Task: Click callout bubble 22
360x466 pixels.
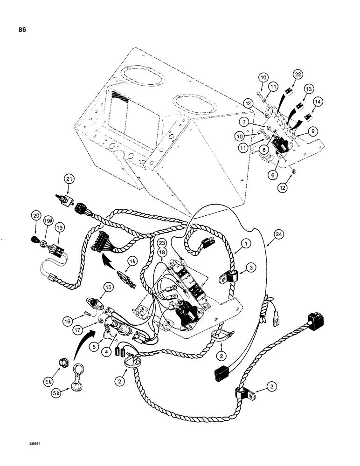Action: pos(297,74)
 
